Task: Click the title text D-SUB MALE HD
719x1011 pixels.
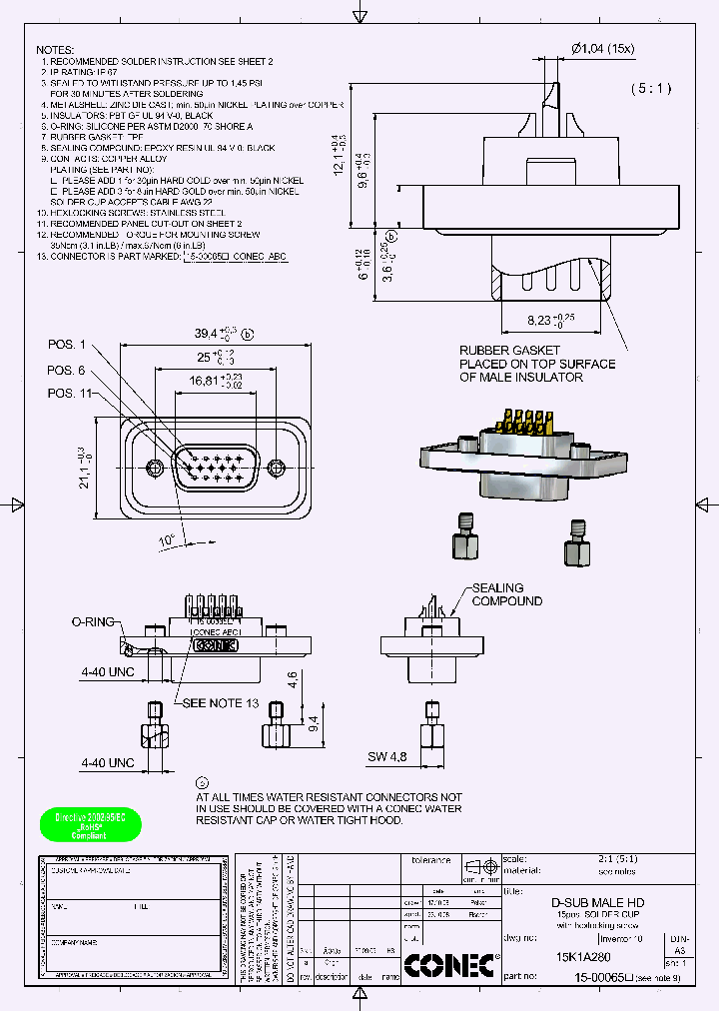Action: [x=598, y=903]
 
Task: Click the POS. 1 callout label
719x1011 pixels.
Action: [x=68, y=345]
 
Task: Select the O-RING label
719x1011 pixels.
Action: [x=92, y=620]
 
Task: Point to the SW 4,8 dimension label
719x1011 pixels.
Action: [x=386, y=756]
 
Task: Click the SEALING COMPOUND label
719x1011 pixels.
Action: [x=507, y=594]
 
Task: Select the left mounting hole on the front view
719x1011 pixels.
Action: [x=153, y=468]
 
